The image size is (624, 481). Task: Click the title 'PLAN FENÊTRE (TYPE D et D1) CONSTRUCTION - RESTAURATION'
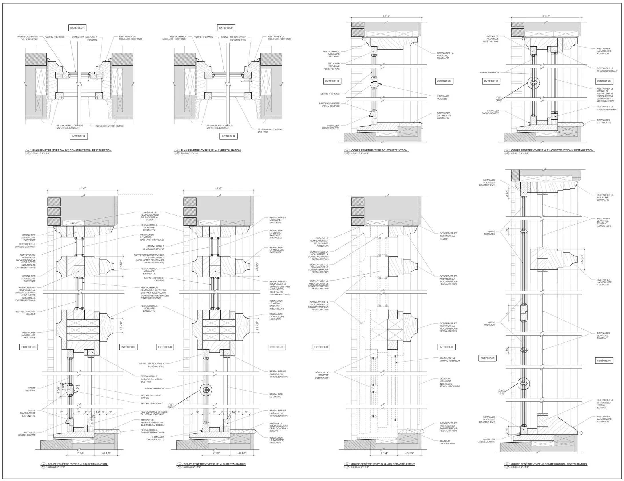point(72,150)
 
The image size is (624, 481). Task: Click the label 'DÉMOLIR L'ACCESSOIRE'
point(447,442)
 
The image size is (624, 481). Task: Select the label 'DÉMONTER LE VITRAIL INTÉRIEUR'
point(449,359)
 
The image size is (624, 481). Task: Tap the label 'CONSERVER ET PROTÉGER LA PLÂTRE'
point(448,236)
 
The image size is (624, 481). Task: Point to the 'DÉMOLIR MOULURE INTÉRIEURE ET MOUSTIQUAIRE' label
point(449,382)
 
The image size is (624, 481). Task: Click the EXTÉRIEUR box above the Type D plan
point(78,28)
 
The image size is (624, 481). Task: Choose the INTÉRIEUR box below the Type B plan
point(228,136)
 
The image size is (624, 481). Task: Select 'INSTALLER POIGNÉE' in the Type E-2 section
point(443,97)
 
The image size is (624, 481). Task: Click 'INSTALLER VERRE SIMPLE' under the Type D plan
point(110,126)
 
